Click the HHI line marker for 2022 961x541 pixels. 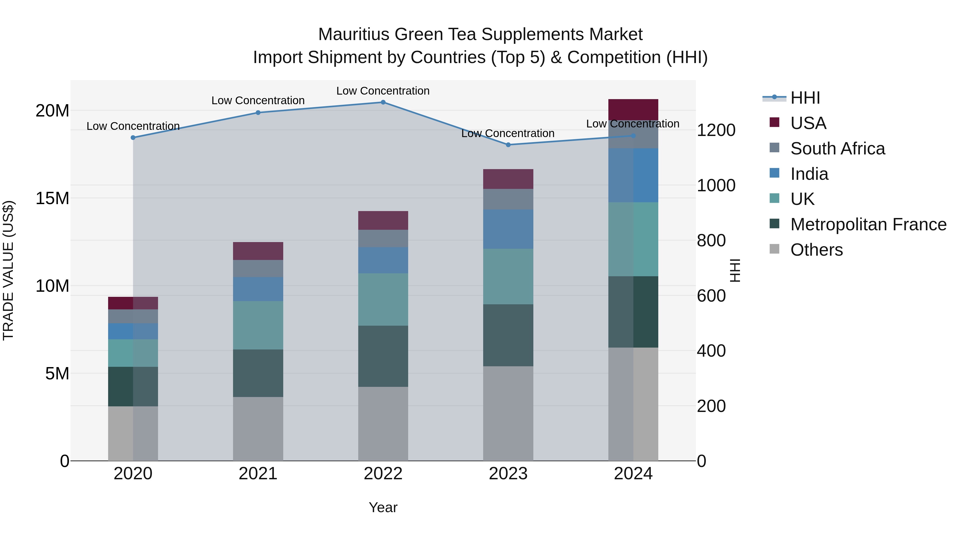pos(383,102)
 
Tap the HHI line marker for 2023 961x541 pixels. pos(508,145)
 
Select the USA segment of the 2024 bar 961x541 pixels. pos(633,109)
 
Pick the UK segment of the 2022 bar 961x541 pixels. pos(383,299)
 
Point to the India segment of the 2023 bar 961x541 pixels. pos(508,229)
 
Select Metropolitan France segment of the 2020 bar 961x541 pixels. pos(133,386)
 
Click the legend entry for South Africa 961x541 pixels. pos(837,149)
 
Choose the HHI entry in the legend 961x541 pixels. pos(805,98)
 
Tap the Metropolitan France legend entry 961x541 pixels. pos(868,224)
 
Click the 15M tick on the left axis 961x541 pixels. pos(52,198)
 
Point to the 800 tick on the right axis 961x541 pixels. pos(711,240)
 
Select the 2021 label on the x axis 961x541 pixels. pos(258,474)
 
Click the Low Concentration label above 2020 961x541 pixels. pos(133,126)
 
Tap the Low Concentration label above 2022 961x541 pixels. pos(383,91)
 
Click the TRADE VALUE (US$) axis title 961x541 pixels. pos(8,270)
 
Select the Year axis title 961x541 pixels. pos(383,507)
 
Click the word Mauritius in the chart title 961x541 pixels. pos(354,34)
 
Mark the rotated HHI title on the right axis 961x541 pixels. pos(735,270)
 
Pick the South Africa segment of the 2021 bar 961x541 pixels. pos(258,268)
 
